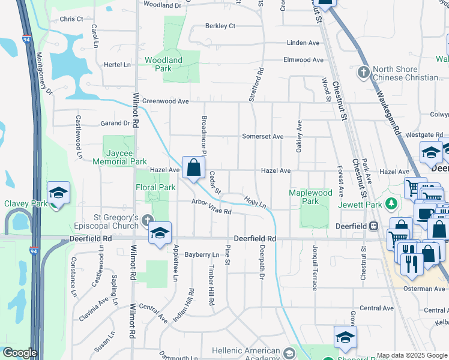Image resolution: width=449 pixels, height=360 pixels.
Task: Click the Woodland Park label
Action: [163, 64]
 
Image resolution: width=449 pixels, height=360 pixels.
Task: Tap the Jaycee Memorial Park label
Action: [119, 157]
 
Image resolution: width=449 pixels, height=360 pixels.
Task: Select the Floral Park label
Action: [155, 187]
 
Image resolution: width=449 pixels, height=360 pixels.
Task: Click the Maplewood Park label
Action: [310, 197]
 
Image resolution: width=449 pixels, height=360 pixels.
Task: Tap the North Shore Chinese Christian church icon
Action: [363, 73]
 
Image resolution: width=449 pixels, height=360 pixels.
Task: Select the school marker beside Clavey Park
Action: [58, 193]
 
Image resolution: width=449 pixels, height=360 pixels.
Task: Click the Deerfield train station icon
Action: [373, 226]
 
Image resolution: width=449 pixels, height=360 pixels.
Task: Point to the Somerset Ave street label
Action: [262, 136]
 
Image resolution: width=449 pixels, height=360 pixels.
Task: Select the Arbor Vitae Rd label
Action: [211, 206]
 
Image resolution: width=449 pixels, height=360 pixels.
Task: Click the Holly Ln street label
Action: [255, 201]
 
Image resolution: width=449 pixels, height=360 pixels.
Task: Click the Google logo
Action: [19, 353]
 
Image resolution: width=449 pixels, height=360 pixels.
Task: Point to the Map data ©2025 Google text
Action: [412, 355]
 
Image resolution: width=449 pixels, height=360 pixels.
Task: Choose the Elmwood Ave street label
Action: [303, 60]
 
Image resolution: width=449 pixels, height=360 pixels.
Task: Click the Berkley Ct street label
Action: [220, 26]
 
